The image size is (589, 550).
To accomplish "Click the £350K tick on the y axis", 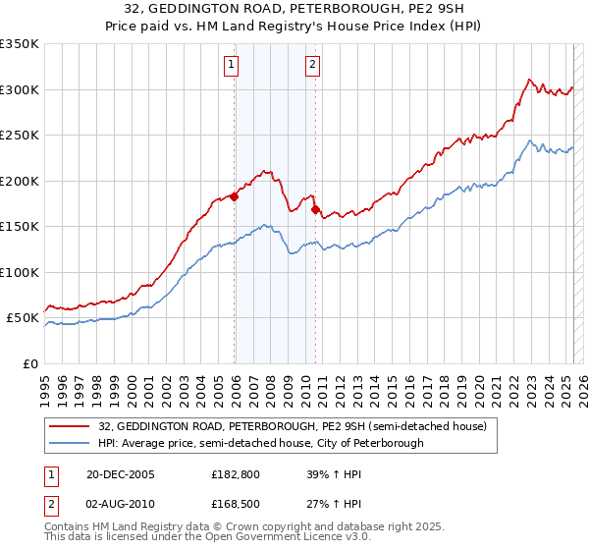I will click(x=20, y=44).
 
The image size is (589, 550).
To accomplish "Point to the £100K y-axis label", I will click(x=20, y=272).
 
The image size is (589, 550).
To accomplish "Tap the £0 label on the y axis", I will click(x=31, y=363).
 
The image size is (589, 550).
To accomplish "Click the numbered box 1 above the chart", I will click(x=232, y=66).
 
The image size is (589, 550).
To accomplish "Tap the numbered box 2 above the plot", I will click(x=312, y=66).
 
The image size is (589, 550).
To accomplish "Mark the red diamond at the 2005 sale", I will click(x=235, y=196).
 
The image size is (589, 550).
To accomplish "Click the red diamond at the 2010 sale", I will click(x=315, y=209).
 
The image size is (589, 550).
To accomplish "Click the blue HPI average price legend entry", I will click(x=261, y=443).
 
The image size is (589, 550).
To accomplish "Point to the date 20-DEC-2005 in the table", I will click(x=121, y=474).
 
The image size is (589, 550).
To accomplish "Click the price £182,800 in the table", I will click(x=235, y=474).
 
